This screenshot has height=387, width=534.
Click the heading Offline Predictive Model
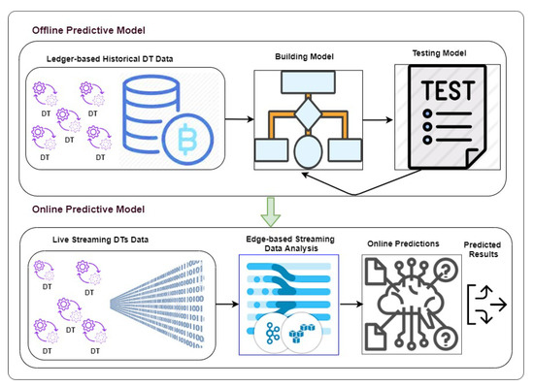tap(88, 30)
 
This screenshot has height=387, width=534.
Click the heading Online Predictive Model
tap(88, 210)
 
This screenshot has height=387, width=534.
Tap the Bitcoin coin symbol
tap(187, 139)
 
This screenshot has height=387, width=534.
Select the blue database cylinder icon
tap(150, 113)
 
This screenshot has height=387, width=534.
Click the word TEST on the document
tap(448, 90)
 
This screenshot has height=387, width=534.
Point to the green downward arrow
tap(271, 211)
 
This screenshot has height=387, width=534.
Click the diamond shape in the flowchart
tap(308, 113)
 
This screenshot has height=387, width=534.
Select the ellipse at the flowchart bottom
tap(308, 151)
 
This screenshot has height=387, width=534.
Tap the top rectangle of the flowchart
tap(308, 82)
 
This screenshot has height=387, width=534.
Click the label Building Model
tap(305, 56)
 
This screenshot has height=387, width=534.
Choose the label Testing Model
tap(439, 53)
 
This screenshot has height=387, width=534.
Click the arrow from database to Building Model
tap(240, 119)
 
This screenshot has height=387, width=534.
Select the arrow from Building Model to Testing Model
tap(378, 119)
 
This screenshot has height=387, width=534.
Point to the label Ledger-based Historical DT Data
tap(110, 59)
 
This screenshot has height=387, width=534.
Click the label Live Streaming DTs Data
tap(100, 240)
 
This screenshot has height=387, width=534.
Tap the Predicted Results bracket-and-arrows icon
tap(487, 305)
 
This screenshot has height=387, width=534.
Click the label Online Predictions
tap(403, 243)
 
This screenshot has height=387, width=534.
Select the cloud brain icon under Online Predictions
tap(412, 304)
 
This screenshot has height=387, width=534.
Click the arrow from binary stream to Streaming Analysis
tap(227, 304)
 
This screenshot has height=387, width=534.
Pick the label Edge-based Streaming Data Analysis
tap(290, 243)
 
